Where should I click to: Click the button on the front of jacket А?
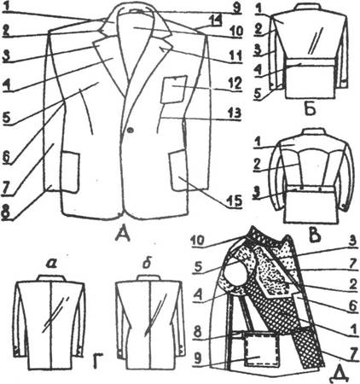tap(131, 131)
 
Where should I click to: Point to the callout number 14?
tap(217, 20)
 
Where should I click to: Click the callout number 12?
tap(235, 84)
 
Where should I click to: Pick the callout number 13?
tap(235, 113)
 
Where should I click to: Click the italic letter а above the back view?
tap(51, 265)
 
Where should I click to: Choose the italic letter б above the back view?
tap(146, 264)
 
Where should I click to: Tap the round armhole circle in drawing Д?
tap(234, 271)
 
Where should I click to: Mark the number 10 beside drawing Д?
tap(201, 240)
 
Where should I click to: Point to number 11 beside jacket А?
tap(235, 55)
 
